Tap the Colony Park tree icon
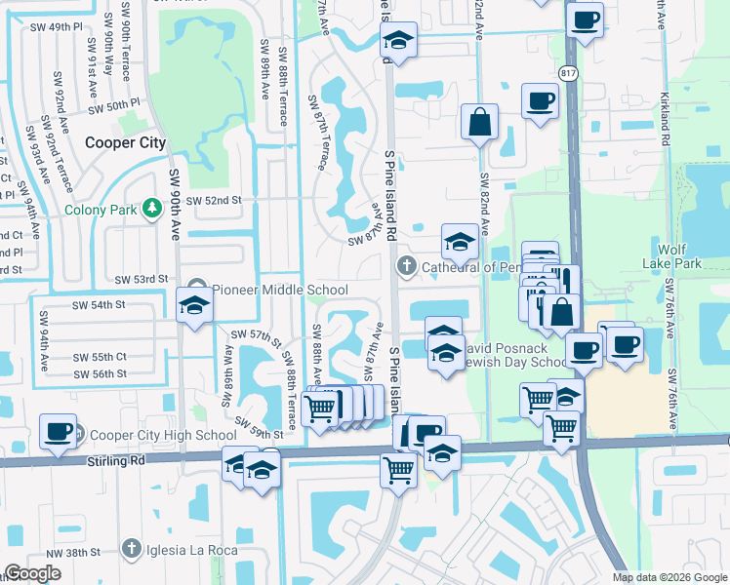click(151, 209)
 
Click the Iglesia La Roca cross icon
click(132, 550)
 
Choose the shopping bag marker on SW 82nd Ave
click(480, 124)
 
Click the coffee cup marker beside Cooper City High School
click(58, 432)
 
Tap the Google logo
click(32, 573)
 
